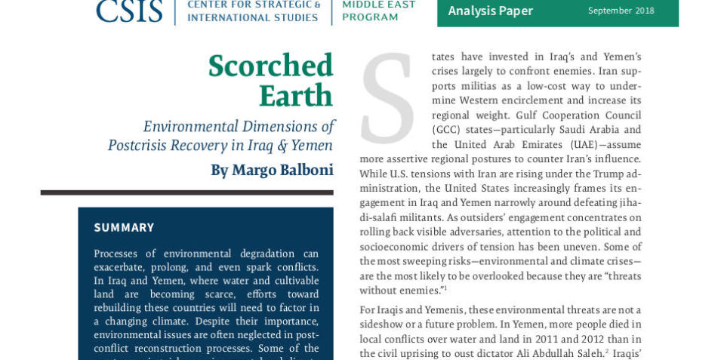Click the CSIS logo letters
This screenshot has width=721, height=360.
129,11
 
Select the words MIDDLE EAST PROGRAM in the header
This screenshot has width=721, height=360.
378,11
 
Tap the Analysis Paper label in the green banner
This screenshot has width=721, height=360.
490,11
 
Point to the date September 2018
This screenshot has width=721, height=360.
621,11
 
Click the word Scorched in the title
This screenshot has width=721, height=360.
270,66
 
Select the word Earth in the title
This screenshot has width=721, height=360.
295,97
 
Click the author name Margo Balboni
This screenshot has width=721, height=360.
282,171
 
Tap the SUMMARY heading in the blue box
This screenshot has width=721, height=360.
124,227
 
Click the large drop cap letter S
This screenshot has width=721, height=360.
388,98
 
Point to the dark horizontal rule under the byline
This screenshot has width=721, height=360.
186,192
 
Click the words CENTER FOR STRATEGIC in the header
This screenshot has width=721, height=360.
253,5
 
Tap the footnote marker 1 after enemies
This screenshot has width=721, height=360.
445,288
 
